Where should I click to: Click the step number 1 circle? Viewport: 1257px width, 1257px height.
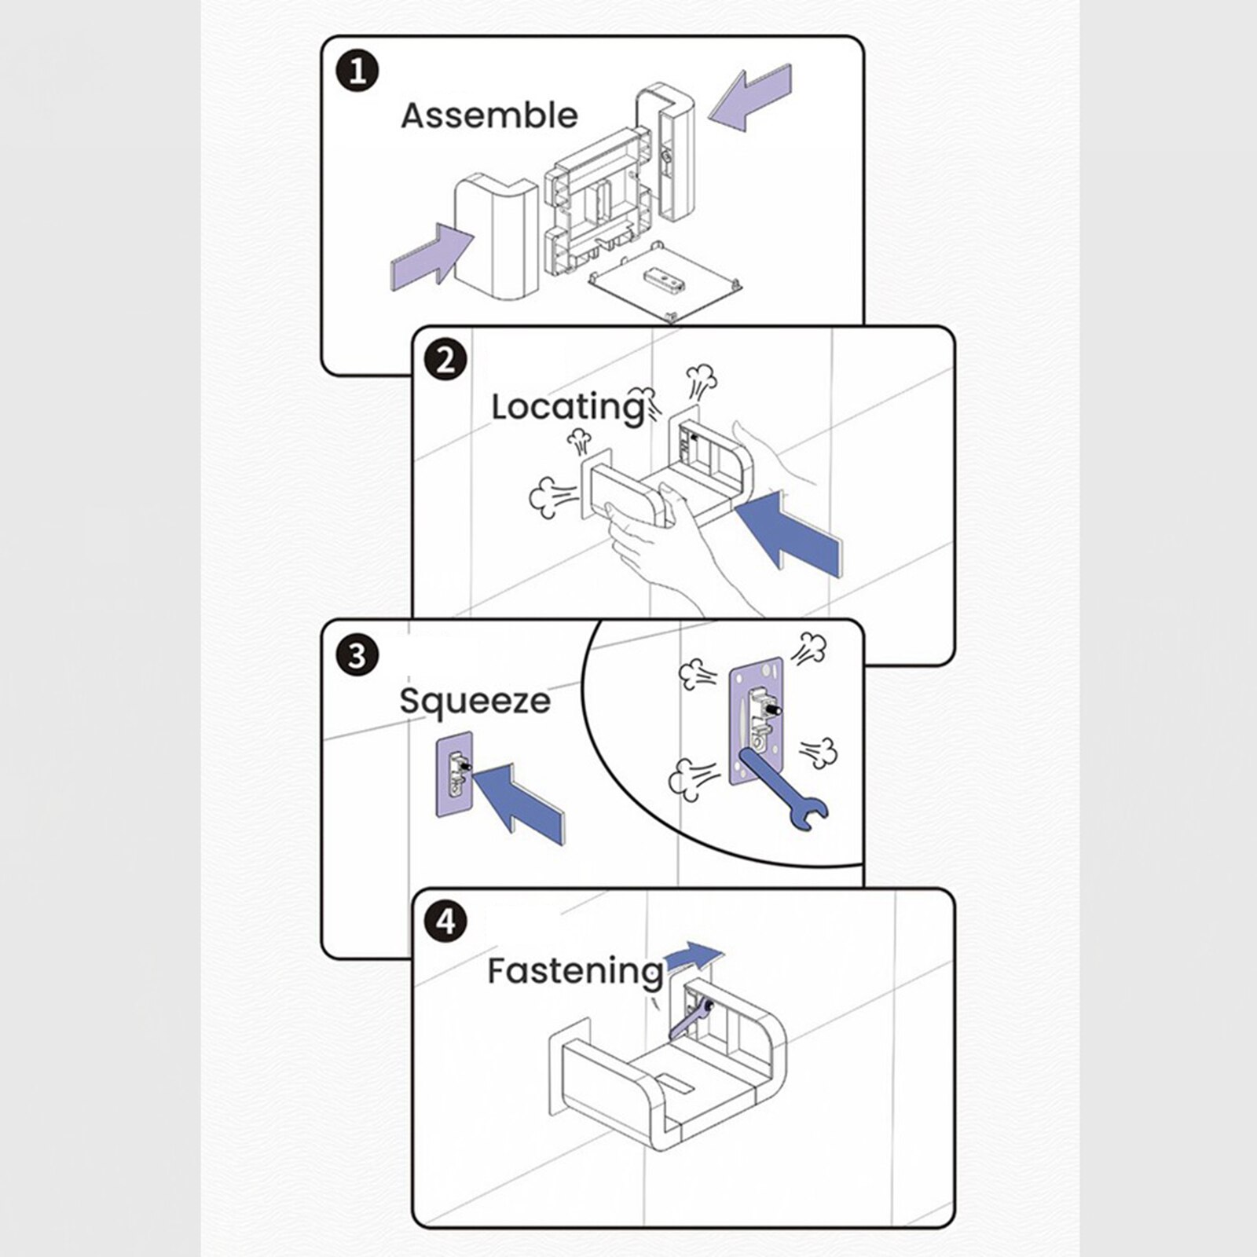357,71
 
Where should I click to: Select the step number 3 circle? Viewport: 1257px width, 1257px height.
357,654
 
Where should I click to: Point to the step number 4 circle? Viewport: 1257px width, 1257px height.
445,921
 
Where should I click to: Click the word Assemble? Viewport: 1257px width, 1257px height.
489,115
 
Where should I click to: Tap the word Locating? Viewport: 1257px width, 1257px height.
567,408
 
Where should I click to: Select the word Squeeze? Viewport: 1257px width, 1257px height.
475,700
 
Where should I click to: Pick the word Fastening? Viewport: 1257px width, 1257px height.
575,971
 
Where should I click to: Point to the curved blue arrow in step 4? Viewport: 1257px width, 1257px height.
692,957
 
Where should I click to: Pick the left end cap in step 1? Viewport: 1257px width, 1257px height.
494,236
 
